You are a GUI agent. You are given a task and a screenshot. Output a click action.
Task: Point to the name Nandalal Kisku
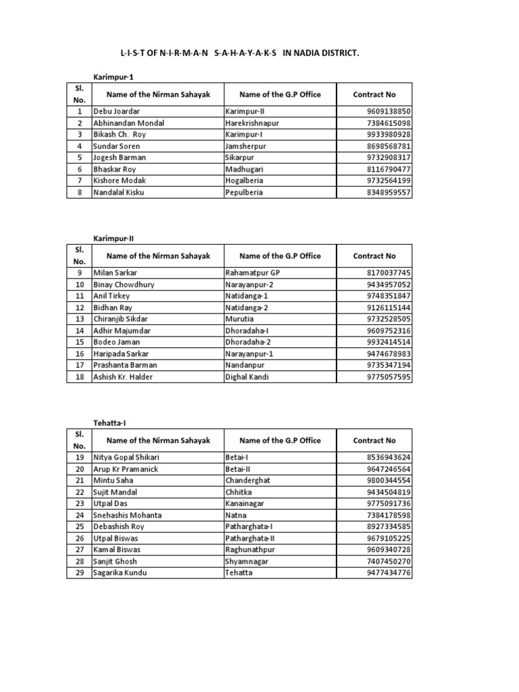pos(119,192)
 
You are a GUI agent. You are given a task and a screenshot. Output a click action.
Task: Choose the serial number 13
pos(79,319)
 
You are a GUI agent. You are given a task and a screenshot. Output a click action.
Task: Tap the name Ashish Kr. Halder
pos(123,376)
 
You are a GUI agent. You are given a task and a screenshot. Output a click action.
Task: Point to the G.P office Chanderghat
pos(247,480)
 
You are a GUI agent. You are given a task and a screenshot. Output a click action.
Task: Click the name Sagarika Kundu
pos(120,572)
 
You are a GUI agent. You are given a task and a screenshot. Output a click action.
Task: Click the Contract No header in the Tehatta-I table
pos(374,441)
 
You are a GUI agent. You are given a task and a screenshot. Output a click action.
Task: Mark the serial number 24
pos(79,515)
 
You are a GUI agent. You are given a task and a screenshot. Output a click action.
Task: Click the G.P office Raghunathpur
pos(249,549)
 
